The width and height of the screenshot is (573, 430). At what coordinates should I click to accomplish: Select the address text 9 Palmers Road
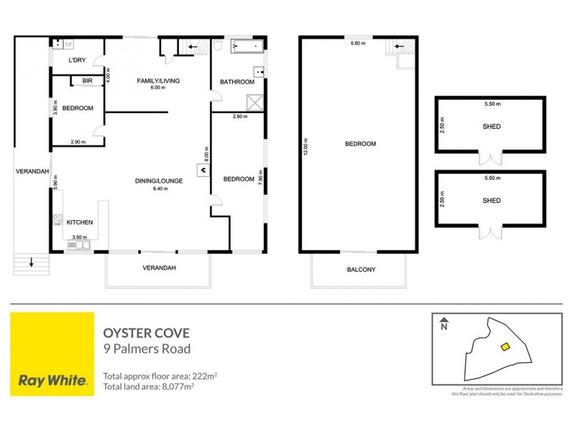tap(147, 349)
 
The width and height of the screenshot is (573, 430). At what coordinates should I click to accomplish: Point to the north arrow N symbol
tap(444, 325)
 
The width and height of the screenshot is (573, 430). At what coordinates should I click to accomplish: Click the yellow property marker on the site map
tap(504, 347)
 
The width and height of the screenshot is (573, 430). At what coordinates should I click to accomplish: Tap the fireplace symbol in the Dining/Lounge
tap(203, 170)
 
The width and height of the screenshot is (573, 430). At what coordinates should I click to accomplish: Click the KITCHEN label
tap(80, 223)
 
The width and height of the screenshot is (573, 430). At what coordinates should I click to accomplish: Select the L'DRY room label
tap(78, 60)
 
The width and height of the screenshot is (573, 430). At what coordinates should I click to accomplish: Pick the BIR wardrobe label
tap(87, 81)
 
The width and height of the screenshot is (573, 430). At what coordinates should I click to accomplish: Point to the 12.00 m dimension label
tap(305, 143)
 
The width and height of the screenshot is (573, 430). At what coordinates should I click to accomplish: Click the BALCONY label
tap(361, 269)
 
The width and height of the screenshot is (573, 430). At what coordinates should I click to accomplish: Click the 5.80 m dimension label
tap(358, 44)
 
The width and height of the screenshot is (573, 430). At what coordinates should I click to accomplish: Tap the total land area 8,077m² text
tap(149, 386)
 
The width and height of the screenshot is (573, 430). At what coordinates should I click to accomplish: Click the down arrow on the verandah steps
tap(32, 263)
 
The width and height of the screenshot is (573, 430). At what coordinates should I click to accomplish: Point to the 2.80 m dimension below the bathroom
tap(239, 116)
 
